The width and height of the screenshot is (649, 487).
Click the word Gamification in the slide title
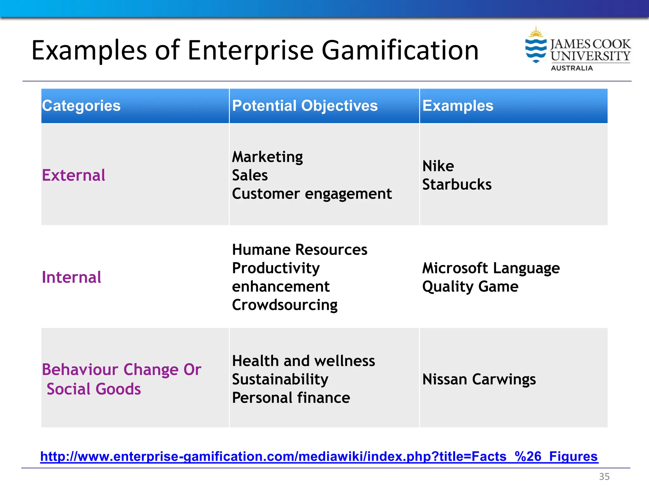coord(400,51)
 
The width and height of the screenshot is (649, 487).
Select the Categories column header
coord(81,106)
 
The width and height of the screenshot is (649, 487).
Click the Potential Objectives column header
coord(305,106)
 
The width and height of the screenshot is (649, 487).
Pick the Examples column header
coord(458,106)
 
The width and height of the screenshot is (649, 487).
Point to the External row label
coord(74,175)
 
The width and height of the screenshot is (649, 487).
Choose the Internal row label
coord(72,277)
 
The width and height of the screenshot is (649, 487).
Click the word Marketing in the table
coord(267,157)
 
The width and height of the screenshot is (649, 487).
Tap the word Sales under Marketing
coord(250,175)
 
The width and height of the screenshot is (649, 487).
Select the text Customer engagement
coord(312,194)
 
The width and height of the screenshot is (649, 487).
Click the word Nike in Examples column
coord(438,166)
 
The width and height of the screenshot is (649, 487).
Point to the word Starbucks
coord(457,185)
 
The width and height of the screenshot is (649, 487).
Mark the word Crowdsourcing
coord(285,305)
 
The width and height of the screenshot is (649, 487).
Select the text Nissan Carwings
coord(479,379)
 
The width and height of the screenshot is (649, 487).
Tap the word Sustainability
coord(280,379)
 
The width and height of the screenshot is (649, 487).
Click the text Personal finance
coord(291,398)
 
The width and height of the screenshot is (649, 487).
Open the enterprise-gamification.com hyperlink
coord(319,457)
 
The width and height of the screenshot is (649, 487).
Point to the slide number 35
coord(604,477)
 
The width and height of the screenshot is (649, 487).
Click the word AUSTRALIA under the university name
coord(572,68)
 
